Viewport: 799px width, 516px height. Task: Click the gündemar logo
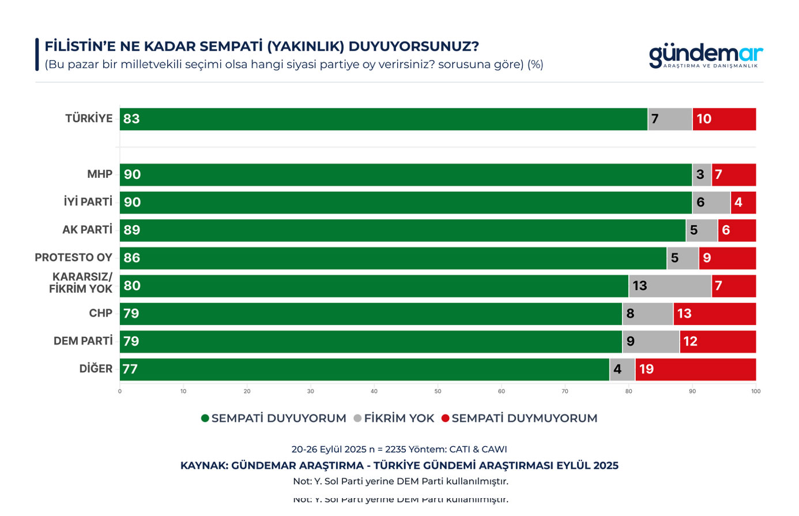coord(706,56)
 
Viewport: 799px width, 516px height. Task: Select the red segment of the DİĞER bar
coord(695,369)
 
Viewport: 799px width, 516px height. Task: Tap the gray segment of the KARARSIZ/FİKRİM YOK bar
coord(670,286)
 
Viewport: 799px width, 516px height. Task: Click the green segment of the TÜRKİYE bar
coord(383,119)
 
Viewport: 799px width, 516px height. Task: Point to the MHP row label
coord(100,174)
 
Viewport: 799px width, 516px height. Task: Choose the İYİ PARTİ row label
coord(88,202)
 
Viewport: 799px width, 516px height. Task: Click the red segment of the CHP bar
coord(714,313)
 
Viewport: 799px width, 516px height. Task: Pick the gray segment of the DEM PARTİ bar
coord(651,341)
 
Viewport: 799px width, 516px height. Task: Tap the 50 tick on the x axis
coord(438,391)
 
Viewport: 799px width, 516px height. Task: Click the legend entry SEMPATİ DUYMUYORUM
coord(524,418)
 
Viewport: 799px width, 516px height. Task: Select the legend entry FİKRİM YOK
coord(399,418)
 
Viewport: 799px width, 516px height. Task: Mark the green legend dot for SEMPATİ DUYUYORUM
coord(205,418)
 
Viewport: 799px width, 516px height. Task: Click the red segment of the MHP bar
coord(733,174)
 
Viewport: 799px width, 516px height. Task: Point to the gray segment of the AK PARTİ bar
coord(702,230)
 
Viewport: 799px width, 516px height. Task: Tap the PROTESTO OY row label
coord(73,257)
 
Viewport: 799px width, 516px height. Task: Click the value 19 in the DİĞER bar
coord(646,369)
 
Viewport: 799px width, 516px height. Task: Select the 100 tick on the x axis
coord(756,391)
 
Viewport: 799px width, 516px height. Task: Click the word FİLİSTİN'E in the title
coord(80,47)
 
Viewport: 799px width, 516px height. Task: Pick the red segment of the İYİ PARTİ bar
coord(743,202)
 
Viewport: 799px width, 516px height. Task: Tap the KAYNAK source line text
coord(399,466)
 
